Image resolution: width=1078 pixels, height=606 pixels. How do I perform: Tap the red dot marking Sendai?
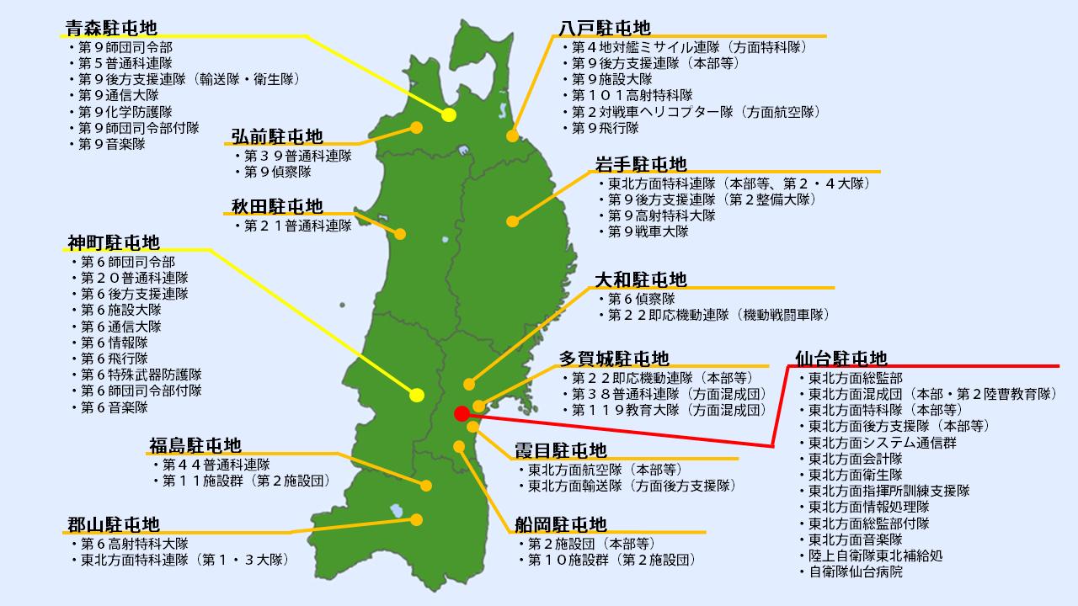pos(461,413)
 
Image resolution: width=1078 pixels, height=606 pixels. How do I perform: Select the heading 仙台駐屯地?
pos(841,359)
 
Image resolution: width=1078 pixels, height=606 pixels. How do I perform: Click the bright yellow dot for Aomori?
pos(449,115)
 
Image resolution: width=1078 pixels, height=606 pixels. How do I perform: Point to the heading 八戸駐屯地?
pos(605,28)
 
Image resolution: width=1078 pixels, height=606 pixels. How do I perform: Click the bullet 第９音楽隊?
pos(111,144)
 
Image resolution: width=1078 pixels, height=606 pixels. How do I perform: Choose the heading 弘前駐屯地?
pos(277,136)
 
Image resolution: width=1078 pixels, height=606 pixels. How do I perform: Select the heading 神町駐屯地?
pos(113,242)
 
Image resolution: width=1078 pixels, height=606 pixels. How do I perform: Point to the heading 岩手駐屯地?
pos(641,163)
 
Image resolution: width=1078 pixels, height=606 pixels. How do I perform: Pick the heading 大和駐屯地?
pos(641,279)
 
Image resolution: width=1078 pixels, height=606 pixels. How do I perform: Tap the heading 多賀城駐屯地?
pos(614,359)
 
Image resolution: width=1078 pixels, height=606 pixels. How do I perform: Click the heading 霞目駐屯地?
pos(560,450)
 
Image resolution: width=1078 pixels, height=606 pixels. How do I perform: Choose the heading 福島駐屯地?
pos(195,444)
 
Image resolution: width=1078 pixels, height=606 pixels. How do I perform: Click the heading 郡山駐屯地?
pos(113,525)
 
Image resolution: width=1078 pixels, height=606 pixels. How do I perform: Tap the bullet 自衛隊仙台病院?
pos(855,571)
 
